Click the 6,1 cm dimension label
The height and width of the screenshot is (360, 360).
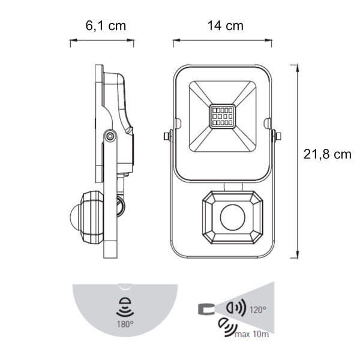(x=106, y=26)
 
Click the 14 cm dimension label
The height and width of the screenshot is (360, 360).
(x=226, y=25)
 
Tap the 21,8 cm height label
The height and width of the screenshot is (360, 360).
(x=328, y=154)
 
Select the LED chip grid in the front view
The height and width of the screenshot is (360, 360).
(x=222, y=116)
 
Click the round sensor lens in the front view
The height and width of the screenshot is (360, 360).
(x=233, y=217)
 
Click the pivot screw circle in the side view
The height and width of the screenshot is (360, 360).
(x=110, y=136)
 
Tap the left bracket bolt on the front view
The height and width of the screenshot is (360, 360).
(x=168, y=136)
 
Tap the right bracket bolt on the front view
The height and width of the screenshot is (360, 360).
(x=277, y=136)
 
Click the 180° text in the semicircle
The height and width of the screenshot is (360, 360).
(x=125, y=324)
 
